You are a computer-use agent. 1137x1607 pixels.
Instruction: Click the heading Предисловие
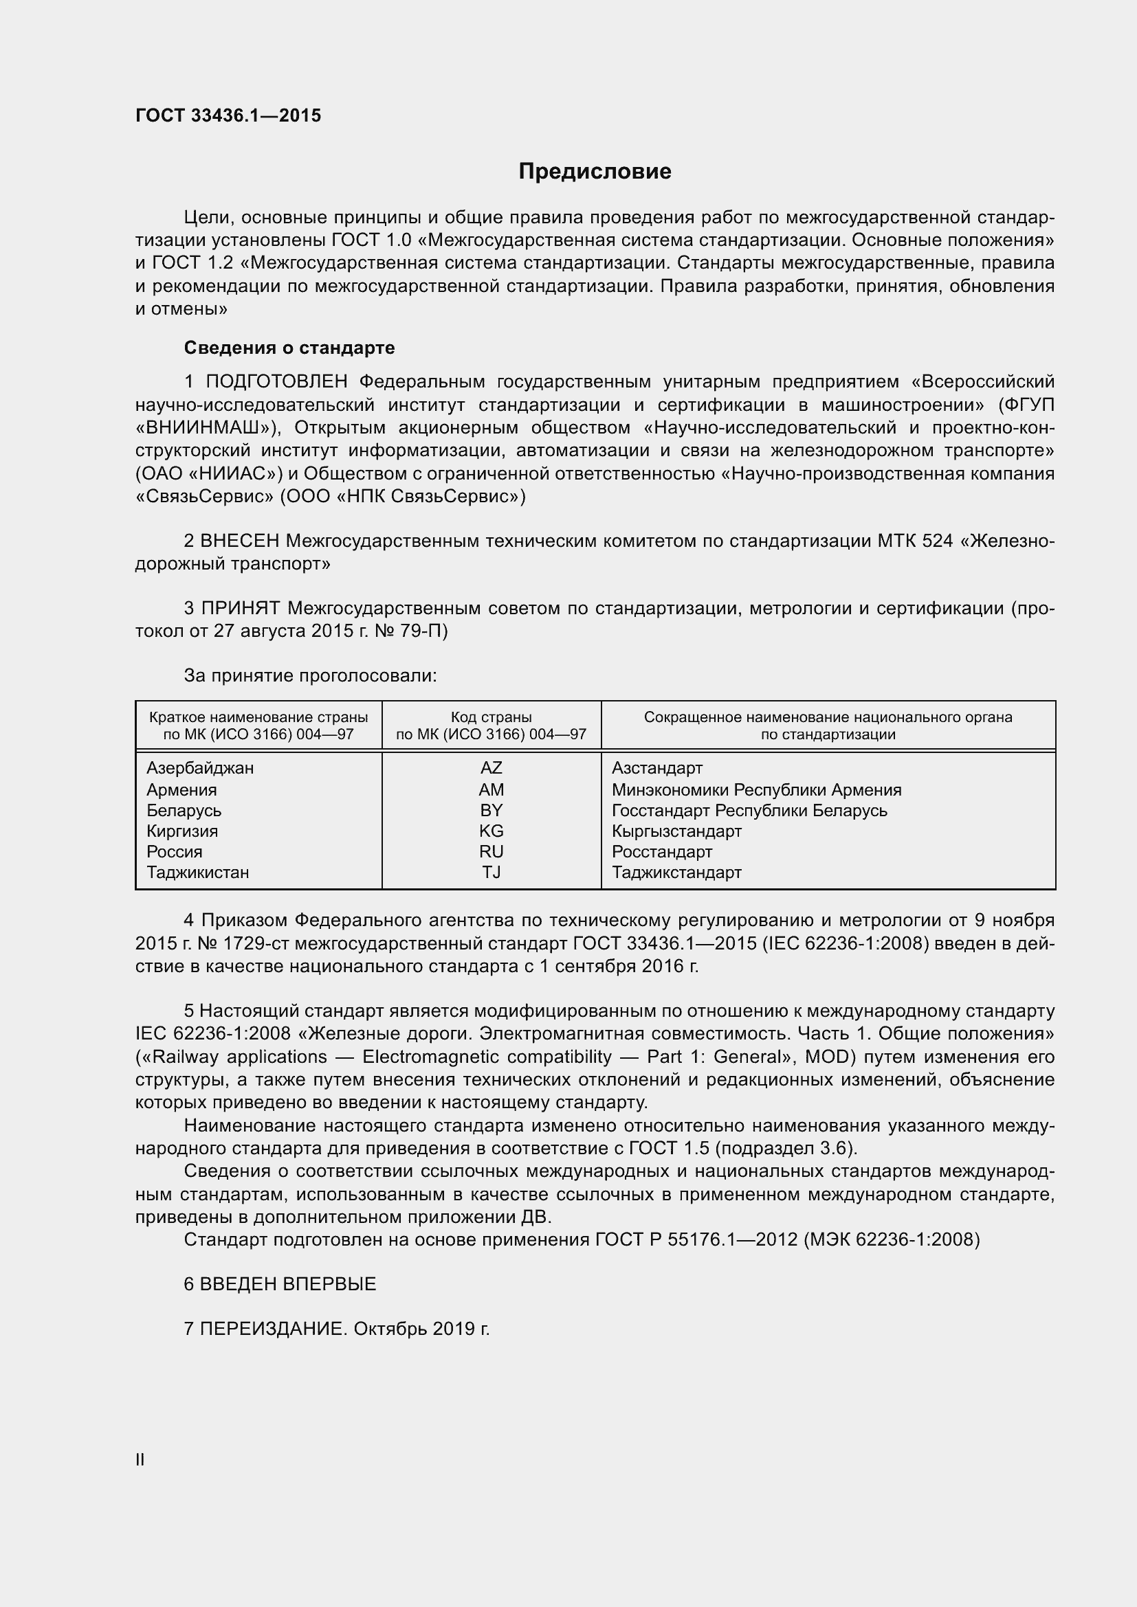[x=595, y=172]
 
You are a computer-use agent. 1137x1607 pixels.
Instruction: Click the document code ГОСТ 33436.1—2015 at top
[x=228, y=115]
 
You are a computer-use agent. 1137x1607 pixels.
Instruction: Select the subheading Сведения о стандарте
[x=289, y=348]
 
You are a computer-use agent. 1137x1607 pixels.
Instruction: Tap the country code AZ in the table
[x=491, y=768]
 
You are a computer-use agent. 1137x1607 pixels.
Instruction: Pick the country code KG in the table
[x=491, y=831]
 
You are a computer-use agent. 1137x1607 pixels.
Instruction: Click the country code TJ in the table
[x=491, y=872]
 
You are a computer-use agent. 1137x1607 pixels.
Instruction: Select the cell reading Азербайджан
[x=200, y=768]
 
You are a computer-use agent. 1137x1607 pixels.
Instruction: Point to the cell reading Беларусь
[x=184, y=811]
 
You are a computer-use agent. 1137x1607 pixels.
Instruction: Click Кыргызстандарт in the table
[x=676, y=831]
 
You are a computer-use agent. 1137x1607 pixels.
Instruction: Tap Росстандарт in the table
[x=661, y=852]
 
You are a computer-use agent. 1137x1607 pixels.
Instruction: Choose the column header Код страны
[x=491, y=717]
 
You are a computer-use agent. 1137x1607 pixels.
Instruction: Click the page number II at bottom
[x=140, y=1459]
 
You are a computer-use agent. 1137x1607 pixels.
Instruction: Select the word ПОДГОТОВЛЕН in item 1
[x=276, y=381]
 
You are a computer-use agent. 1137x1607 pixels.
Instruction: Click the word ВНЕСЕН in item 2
[x=239, y=540]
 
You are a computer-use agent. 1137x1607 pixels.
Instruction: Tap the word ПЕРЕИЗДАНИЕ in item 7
[x=273, y=1329]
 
